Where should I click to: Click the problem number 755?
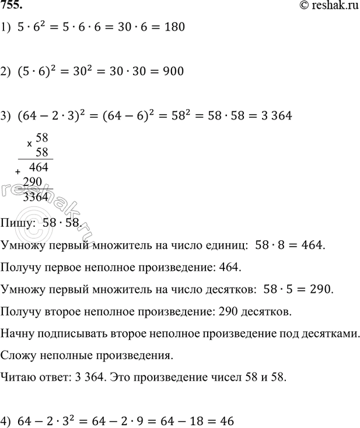coord(12,6)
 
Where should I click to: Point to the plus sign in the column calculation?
coord(18,173)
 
